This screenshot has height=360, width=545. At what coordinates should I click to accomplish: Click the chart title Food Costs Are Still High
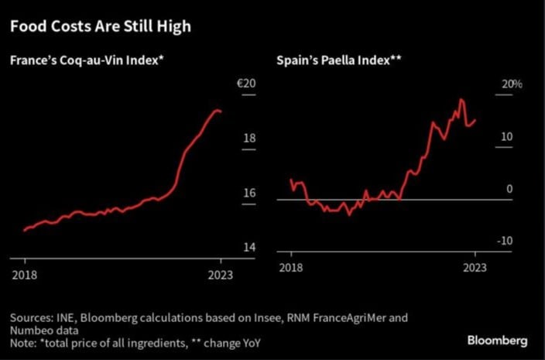pos(100,27)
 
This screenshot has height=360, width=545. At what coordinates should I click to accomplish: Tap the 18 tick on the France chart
pos(249,139)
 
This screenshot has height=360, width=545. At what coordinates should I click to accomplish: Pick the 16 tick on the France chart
pos(249,193)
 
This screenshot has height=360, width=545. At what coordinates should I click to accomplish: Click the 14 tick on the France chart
pos(249,247)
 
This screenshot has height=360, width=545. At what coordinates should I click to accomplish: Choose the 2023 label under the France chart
pos(221,274)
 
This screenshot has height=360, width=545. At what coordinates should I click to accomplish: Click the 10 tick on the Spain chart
pos(507,137)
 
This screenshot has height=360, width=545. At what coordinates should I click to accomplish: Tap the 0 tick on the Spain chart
pos(509,189)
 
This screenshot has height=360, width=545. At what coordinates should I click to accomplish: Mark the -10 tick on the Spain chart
pos(505,241)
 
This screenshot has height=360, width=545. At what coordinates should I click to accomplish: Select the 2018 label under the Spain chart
pos(291,267)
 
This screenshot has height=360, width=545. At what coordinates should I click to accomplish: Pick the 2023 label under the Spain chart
pos(475,267)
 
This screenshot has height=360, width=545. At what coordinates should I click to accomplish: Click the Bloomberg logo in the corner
pos(498,341)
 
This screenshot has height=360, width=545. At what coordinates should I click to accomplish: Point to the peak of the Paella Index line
pos(461,100)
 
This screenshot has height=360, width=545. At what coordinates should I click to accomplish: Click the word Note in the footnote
pos(22,340)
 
